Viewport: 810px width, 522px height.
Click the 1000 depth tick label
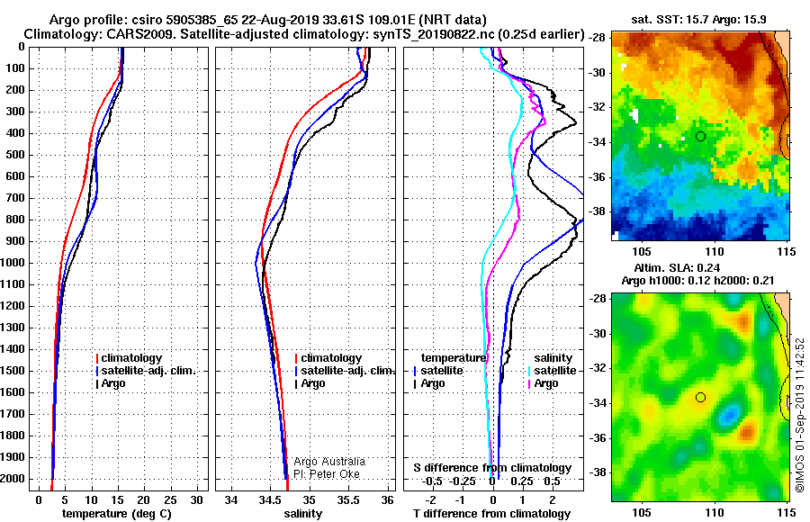tap(13, 263)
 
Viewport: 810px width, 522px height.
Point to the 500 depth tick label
tap(15, 155)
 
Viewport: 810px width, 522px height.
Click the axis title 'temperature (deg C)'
tap(117, 514)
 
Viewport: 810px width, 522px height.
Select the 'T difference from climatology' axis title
tap(491, 514)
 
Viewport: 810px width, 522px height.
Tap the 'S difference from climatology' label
tap(492, 468)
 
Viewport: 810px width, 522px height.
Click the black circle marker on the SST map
tap(700, 137)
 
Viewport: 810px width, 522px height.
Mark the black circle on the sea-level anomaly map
tap(700, 398)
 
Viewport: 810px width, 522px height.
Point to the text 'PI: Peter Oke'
tap(327, 474)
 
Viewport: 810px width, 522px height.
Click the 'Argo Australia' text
tap(329, 462)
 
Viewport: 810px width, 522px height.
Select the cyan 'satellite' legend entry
tap(553, 371)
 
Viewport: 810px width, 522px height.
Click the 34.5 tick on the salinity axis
tap(270, 500)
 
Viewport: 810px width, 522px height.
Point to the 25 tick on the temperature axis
tap(170, 500)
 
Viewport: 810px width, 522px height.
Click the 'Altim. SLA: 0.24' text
tap(677, 267)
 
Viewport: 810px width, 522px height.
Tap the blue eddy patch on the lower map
tap(729, 414)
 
